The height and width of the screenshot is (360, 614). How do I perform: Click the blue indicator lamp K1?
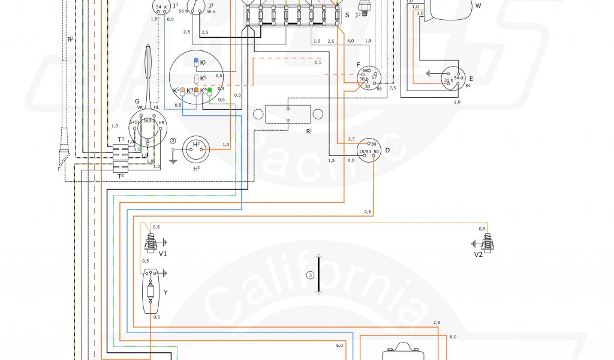click(x=195, y=62)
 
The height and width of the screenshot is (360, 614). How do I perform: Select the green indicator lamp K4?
click(x=209, y=91)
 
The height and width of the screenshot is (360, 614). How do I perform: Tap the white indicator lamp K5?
click(x=195, y=79)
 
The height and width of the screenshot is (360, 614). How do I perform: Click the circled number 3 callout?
click(x=310, y=275)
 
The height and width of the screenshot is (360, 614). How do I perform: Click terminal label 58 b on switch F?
click(x=363, y=79)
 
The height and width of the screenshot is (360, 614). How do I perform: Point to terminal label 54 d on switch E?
click(x=459, y=79)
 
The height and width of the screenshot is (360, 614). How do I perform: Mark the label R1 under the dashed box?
click(x=309, y=130)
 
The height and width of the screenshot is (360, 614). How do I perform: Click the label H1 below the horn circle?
click(x=196, y=169)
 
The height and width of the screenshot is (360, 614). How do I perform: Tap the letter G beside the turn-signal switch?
click(x=137, y=101)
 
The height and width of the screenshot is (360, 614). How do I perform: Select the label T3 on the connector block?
click(x=121, y=139)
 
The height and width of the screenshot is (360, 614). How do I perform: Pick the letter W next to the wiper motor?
click(x=478, y=5)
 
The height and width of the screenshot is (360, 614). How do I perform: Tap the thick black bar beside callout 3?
click(x=319, y=274)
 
